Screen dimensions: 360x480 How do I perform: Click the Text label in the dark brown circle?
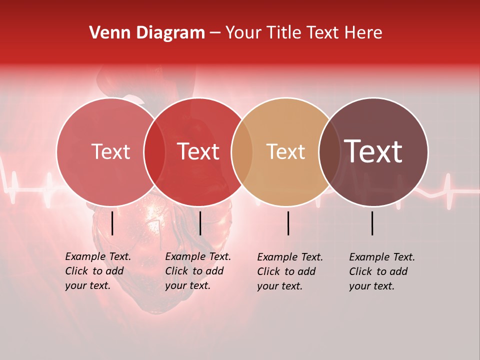373,151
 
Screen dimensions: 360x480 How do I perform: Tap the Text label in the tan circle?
285,151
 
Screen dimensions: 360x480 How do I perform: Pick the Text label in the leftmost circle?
110,151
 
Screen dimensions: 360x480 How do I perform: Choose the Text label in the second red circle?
198,151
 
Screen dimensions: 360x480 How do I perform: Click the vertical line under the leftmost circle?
112,223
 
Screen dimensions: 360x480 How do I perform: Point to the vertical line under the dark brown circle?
372,223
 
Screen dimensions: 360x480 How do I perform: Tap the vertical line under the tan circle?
288,223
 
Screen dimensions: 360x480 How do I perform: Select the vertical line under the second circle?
200,223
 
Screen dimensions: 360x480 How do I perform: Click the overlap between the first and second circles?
154,152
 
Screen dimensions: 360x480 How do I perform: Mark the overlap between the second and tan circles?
242,152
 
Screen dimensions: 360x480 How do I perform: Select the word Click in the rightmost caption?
361,271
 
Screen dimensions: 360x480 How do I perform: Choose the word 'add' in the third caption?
307,271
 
